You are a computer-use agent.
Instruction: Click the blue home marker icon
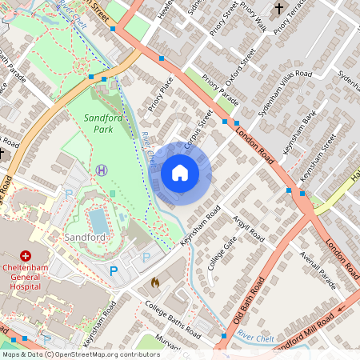point(180,173)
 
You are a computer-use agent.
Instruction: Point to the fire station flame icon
point(155,282)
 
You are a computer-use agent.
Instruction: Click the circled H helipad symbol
point(102,170)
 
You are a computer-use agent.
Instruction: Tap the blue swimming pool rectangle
point(98,221)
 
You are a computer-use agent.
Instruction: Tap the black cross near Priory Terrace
point(279,9)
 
